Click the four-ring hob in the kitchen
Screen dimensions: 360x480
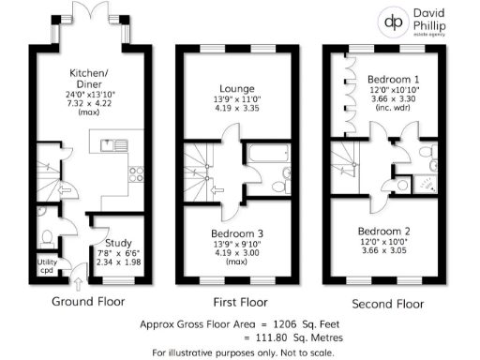pos(135,174)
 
